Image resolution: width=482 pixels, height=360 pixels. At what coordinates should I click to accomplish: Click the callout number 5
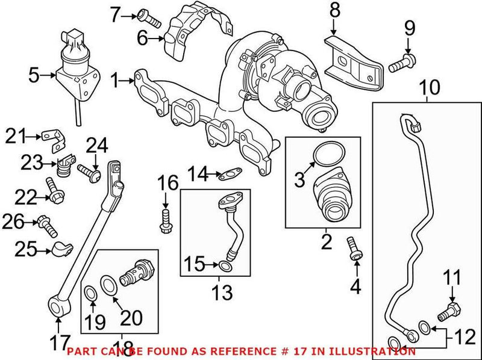pyautogui.click(x=34, y=75)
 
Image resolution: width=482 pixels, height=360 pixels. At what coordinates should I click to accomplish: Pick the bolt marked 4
pyautogui.click(x=355, y=250)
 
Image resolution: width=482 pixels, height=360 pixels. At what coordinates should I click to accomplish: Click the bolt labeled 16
pyautogui.click(x=164, y=220)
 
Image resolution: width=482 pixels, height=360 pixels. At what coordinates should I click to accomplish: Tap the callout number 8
pyautogui.click(x=334, y=10)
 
